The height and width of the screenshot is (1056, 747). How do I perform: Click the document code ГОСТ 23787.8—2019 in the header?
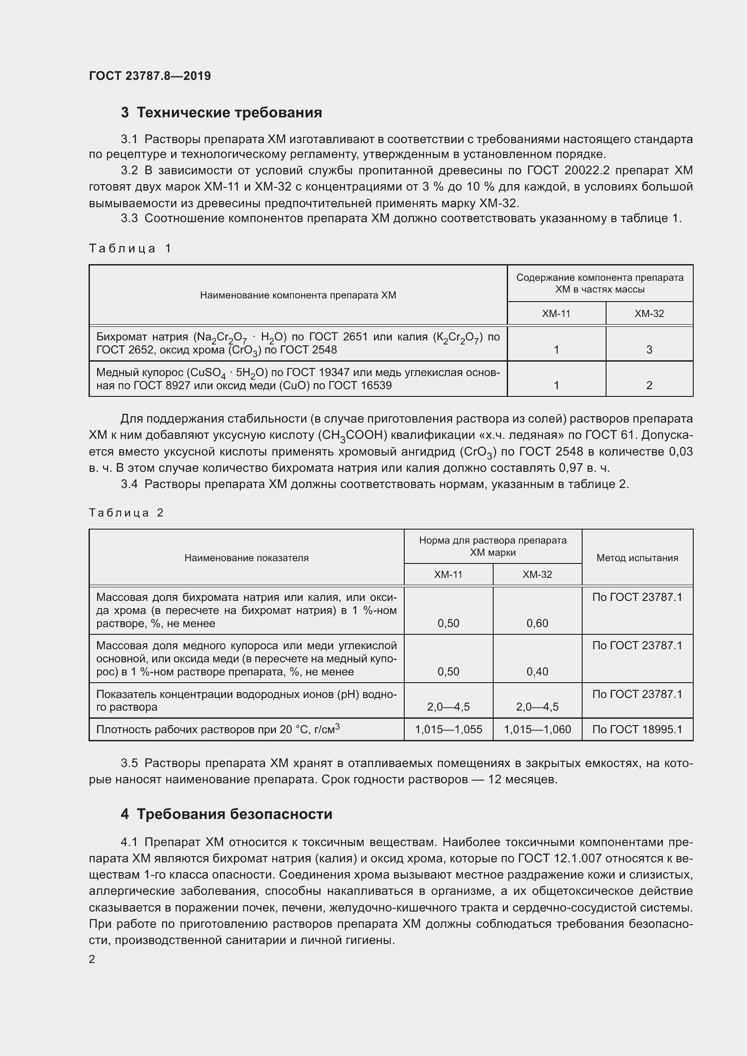150,76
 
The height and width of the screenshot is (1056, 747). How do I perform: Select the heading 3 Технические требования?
221,113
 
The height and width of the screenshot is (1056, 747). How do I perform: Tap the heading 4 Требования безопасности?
226,814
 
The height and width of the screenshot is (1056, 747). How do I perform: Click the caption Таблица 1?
130,249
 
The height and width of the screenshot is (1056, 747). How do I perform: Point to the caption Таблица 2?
126,513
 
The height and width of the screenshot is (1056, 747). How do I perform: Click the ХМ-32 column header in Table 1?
649,314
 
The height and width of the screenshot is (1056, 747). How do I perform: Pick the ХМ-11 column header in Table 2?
448,574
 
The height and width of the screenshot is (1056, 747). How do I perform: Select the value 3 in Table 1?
649,350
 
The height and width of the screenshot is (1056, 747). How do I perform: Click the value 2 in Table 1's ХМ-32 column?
649,386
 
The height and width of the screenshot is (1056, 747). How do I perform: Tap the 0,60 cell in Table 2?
537,623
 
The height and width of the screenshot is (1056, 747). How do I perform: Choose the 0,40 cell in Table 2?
537,672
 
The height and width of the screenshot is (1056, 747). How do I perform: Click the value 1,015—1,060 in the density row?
537,730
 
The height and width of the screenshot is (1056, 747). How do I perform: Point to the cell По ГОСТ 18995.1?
637,730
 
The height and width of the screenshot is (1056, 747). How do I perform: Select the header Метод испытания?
637,558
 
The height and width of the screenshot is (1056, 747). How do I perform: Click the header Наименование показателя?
247,558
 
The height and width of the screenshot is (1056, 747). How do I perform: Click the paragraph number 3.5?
129,763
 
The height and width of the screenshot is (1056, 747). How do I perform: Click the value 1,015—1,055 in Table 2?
448,730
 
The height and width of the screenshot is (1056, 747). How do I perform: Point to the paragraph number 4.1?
129,842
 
